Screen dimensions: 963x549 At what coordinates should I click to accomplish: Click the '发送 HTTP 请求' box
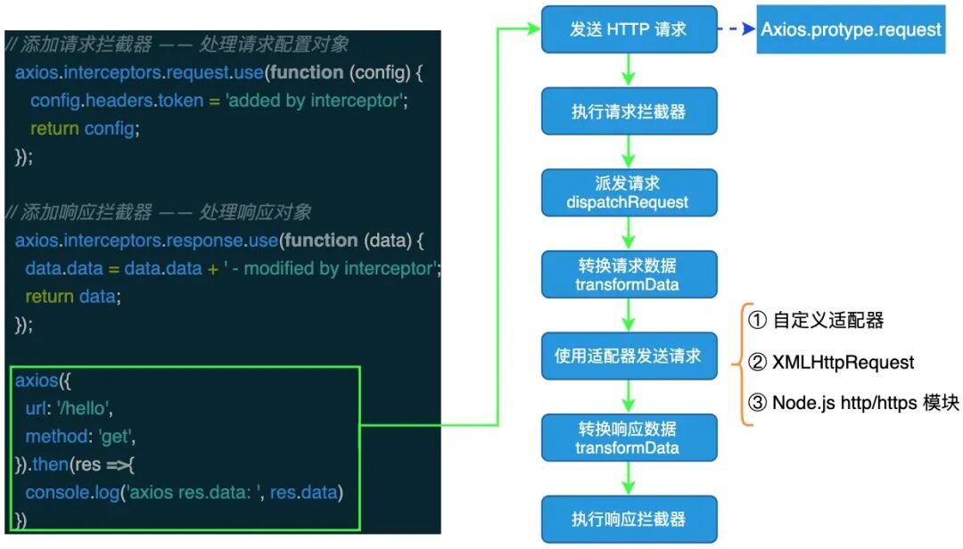tap(629, 29)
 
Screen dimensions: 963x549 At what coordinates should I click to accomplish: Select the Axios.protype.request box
tap(851, 29)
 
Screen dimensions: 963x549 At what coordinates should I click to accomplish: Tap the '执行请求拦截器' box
tap(629, 111)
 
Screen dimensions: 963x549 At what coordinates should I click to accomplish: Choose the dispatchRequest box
tap(629, 193)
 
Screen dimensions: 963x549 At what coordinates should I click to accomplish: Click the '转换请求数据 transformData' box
tap(629, 274)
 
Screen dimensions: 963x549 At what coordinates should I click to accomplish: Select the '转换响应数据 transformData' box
tap(629, 438)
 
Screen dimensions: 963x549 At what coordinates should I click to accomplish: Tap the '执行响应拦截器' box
tap(629, 520)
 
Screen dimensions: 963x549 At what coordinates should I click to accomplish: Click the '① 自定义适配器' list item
tap(815, 320)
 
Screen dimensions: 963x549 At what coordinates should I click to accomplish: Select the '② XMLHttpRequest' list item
tap(830, 362)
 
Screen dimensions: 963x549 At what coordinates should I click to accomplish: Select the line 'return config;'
tap(86, 129)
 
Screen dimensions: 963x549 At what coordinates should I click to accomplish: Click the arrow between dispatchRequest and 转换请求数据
tap(629, 234)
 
